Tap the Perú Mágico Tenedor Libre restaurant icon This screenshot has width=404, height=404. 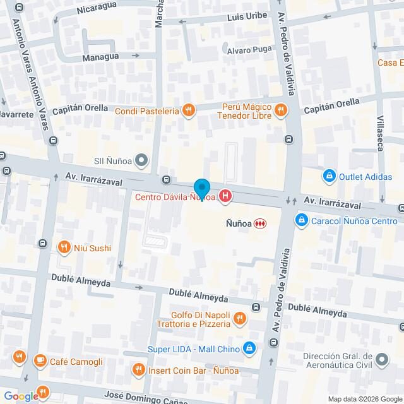(282, 111)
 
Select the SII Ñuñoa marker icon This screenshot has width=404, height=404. (141, 160)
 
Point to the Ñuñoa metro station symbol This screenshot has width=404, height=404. (259, 223)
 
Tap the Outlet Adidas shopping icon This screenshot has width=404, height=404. (328, 176)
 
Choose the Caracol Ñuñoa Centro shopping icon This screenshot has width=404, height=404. (302, 220)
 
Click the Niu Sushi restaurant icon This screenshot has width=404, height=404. (63, 247)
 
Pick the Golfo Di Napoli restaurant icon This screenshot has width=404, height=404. (239, 318)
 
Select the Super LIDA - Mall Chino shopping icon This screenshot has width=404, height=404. (250, 348)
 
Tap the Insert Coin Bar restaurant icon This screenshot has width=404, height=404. (138, 369)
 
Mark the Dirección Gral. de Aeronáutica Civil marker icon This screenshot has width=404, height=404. (381, 360)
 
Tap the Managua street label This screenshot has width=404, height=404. (100, 57)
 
